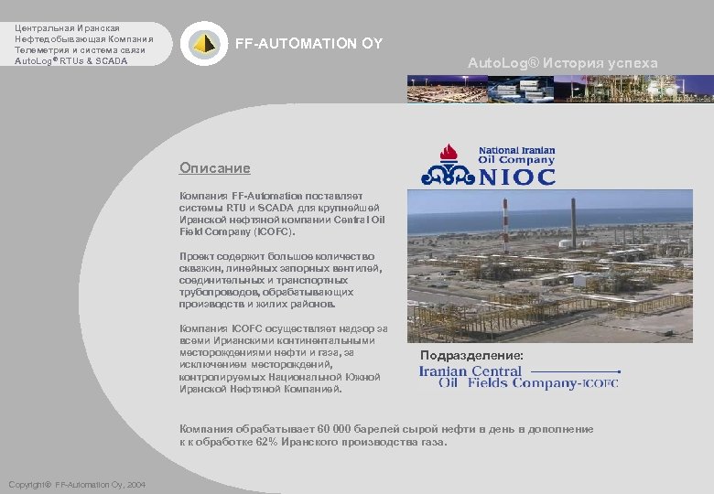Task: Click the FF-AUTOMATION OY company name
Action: coord(309,43)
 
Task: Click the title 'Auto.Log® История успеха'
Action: coord(562,63)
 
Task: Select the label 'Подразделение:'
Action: coord(471,354)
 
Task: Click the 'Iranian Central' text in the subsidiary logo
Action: coord(470,371)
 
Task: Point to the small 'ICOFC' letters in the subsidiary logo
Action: coord(600,384)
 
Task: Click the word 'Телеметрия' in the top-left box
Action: coord(42,50)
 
